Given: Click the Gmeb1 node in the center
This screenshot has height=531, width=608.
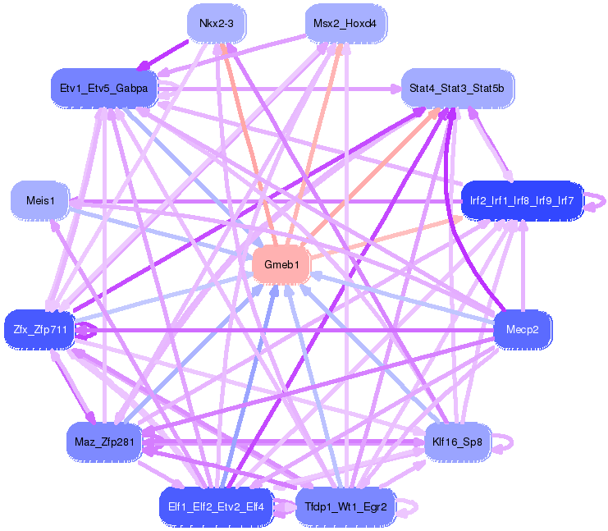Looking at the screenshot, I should [x=281, y=265].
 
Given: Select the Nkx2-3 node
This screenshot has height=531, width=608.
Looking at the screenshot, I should [x=217, y=24].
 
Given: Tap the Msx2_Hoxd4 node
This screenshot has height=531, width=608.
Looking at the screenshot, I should [x=345, y=24].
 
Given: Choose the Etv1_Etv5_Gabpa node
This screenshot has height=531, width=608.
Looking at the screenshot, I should [x=103, y=88].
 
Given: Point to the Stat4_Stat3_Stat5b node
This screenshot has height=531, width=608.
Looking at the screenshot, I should [x=458, y=88].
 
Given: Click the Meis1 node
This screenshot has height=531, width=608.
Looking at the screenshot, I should [x=39, y=200].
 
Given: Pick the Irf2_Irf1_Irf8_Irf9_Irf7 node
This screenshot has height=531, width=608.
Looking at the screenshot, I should [x=522, y=200].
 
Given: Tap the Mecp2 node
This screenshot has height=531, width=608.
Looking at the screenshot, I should [x=523, y=330].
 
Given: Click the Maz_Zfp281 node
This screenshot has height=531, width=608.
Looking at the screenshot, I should [x=103, y=442].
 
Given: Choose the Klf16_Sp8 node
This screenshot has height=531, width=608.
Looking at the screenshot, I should [x=457, y=442].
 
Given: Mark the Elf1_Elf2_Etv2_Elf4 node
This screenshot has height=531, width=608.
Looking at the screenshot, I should [x=215, y=506].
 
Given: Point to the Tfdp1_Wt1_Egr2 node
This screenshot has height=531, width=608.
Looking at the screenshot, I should [x=345, y=506].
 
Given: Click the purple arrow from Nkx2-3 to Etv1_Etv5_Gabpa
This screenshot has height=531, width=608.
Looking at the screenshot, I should [x=169, y=53].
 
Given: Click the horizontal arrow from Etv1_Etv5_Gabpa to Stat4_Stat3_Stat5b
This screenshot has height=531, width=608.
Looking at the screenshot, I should [x=279, y=87].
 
